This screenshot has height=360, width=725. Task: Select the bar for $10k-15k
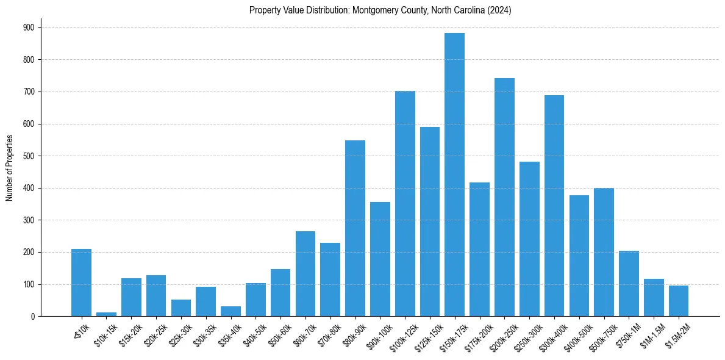pyautogui.click(x=106, y=314)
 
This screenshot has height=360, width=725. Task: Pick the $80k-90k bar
pyautogui.click(x=355, y=228)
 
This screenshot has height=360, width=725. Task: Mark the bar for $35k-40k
pyautogui.click(x=230, y=311)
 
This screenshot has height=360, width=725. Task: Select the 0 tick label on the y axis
pyautogui.click(x=32, y=316)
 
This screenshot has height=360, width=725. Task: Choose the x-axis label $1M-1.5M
pyautogui.click(x=651, y=333)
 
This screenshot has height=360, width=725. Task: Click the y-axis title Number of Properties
pyautogui.click(x=10, y=168)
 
